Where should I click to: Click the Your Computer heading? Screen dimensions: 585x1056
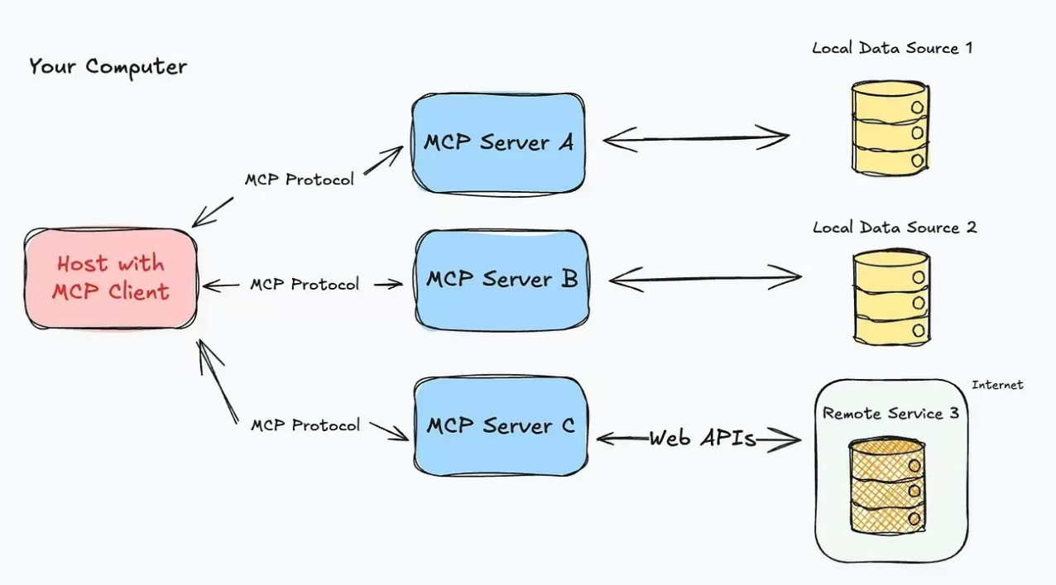108,67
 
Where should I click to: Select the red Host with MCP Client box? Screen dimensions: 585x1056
111,278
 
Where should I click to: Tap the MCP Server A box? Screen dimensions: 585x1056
499,142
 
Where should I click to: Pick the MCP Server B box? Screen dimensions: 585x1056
502,279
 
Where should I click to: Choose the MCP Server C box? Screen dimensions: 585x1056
500,426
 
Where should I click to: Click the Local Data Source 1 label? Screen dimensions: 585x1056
892,48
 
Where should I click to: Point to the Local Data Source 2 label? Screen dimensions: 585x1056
894,228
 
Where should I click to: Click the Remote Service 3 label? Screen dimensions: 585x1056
890,413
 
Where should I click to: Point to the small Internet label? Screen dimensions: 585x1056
997,385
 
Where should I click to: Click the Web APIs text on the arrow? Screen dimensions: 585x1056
702,439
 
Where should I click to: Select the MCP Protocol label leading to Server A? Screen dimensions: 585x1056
299,180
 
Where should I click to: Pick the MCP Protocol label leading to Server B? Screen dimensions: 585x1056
305,285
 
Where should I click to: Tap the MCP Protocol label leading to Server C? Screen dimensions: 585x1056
305,425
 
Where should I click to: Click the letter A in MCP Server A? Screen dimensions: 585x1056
565,142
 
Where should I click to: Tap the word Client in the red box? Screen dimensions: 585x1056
139,291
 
